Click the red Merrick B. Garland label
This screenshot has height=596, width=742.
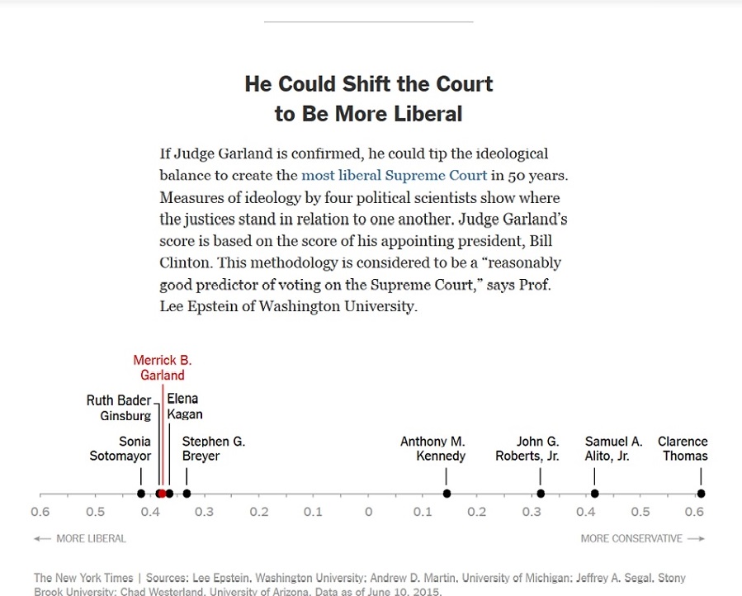tap(163, 368)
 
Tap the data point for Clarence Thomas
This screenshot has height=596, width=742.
tap(701, 494)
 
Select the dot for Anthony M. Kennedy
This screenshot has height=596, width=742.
tap(447, 494)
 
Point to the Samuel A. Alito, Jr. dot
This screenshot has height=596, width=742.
tap(594, 494)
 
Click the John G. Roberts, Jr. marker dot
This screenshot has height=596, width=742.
tap(541, 494)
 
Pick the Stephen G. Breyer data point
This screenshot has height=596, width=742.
tap(187, 494)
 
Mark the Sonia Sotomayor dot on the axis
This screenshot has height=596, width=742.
tap(141, 494)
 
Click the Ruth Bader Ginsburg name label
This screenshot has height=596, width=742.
tap(119, 408)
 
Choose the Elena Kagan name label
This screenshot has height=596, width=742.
tap(184, 407)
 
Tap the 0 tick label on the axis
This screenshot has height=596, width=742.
tap(368, 512)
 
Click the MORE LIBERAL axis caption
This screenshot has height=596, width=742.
tap(81, 539)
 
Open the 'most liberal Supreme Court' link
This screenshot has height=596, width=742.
tap(394, 175)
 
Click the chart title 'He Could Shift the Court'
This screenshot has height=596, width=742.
tap(369, 84)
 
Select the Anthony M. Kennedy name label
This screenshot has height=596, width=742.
tap(432, 449)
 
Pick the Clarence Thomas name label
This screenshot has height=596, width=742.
tap(683, 449)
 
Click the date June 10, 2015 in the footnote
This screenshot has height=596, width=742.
tap(402, 592)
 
